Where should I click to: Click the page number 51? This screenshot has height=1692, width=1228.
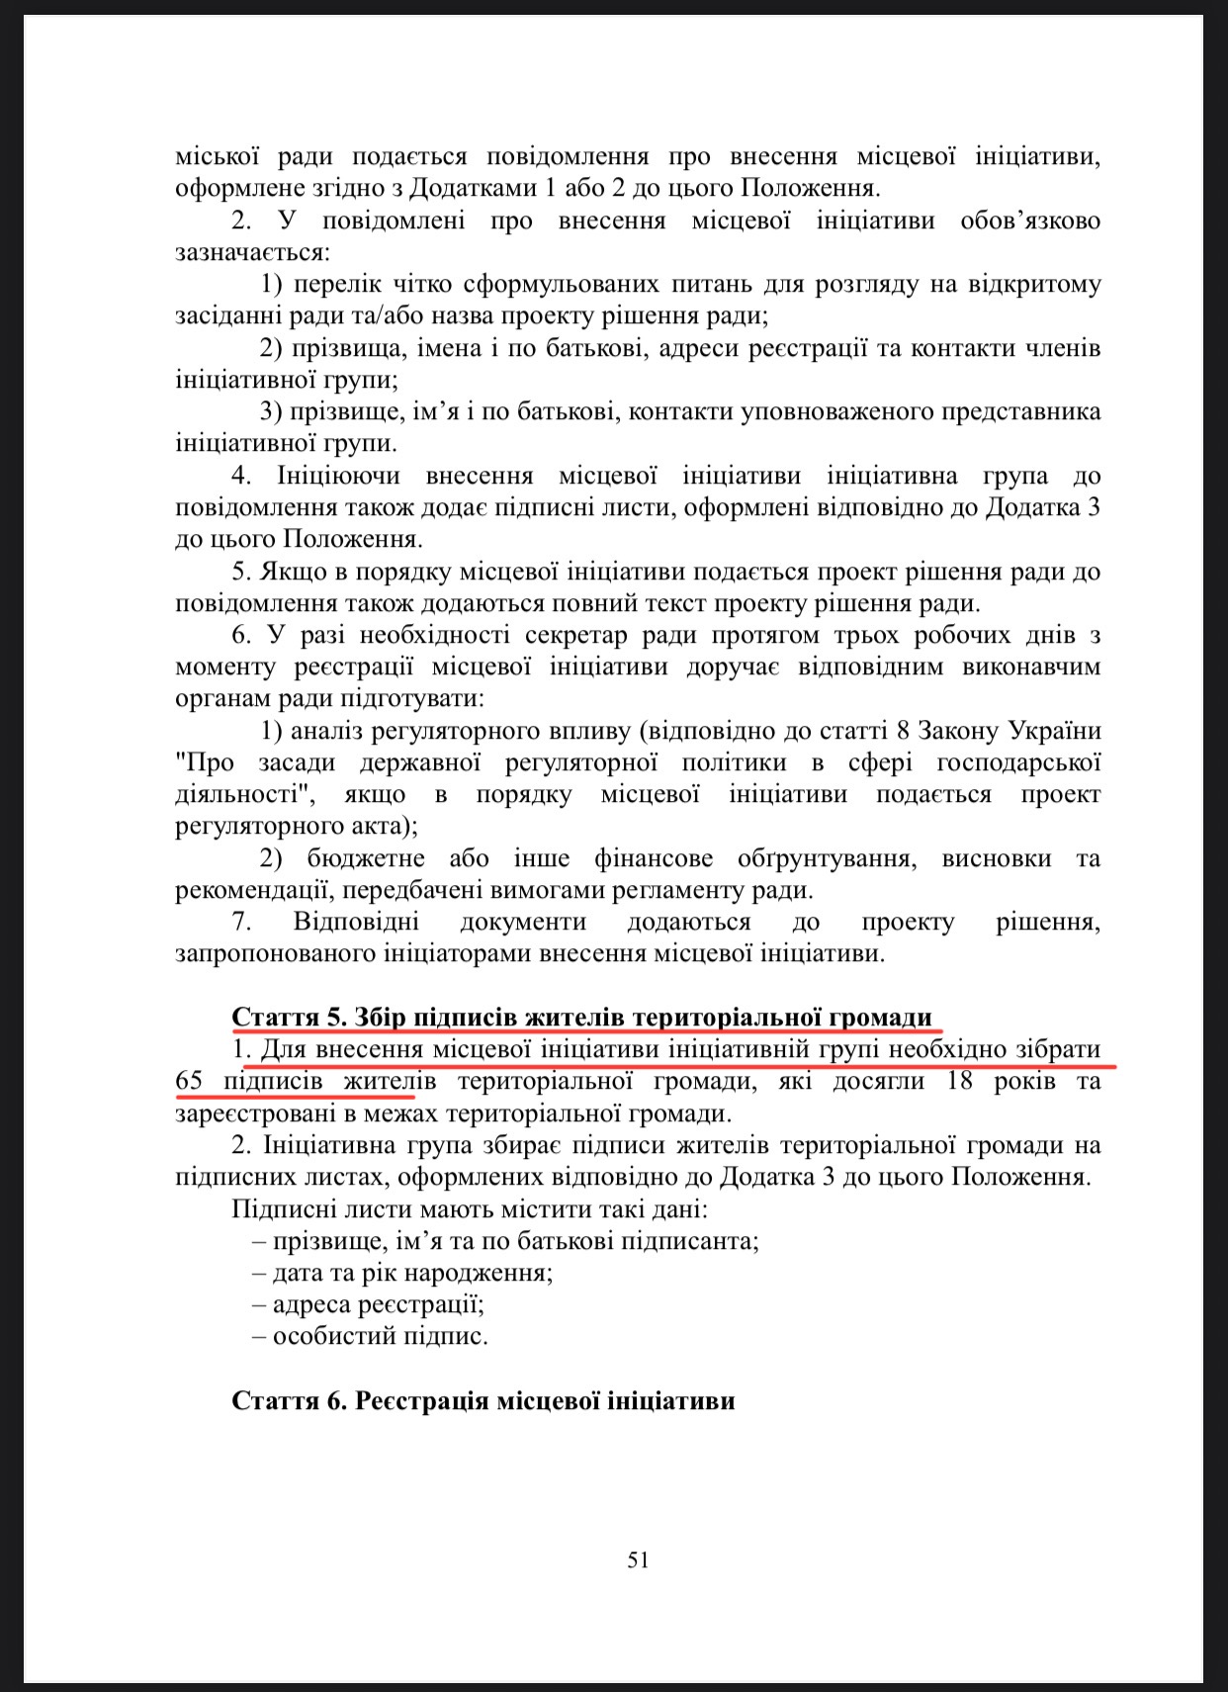tap(638, 1559)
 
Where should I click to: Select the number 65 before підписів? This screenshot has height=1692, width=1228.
tap(189, 1081)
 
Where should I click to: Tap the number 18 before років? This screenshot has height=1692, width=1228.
tap(959, 1081)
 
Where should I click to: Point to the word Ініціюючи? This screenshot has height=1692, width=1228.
tap(338, 476)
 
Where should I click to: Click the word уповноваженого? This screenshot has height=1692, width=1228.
tap(835, 411)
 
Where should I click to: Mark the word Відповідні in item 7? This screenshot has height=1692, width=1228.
tap(356, 922)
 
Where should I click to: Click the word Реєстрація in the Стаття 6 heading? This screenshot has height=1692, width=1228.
tap(419, 1401)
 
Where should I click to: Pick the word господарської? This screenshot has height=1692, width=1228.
tap(1018, 762)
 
